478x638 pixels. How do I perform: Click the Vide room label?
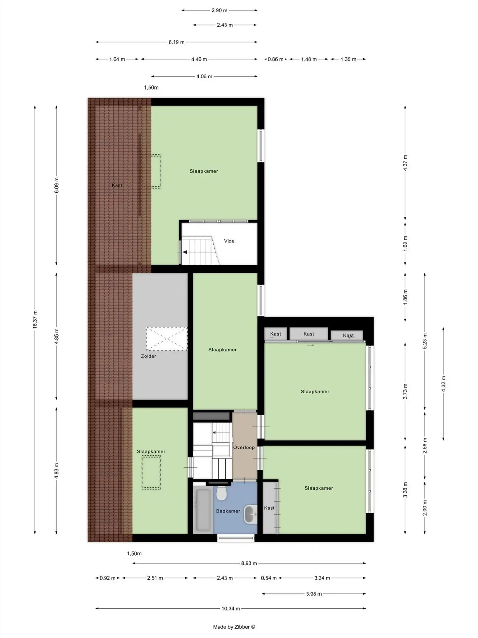click(229, 241)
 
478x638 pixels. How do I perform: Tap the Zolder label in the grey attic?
click(148, 356)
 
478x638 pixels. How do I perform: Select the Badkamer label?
click(228, 511)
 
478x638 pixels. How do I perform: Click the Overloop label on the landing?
click(244, 447)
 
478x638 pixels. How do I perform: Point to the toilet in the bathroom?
click(221, 493)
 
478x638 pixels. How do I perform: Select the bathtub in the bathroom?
click(203, 509)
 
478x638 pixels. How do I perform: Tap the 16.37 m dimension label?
click(35, 319)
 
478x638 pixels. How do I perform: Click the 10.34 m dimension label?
click(231, 608)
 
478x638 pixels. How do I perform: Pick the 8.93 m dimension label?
click(249, 563)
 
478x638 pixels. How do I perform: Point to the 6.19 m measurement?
click(176, 42)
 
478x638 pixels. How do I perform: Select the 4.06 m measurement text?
click(204, 76)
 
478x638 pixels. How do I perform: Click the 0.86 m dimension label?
click(275, 59)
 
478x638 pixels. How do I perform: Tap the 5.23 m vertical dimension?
click(425, 341)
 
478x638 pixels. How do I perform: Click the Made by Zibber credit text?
click(234, 627)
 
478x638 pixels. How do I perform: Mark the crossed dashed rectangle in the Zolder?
click(167, 339)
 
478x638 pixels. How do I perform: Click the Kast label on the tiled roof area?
click(117, 185)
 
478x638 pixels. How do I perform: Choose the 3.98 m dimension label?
click(314, 594)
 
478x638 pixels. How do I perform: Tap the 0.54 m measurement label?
click(269, 578)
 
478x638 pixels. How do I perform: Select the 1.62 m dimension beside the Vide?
click(405, 243)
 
